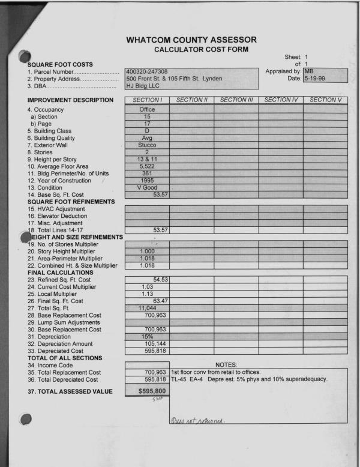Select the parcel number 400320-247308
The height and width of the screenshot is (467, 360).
[146, 72]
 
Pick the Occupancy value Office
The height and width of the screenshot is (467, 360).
[146, 109]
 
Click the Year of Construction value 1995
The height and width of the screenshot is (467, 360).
[146, 180]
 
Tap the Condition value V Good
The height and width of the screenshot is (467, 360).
[146, 187]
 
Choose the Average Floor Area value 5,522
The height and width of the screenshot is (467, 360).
[146, 165]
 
